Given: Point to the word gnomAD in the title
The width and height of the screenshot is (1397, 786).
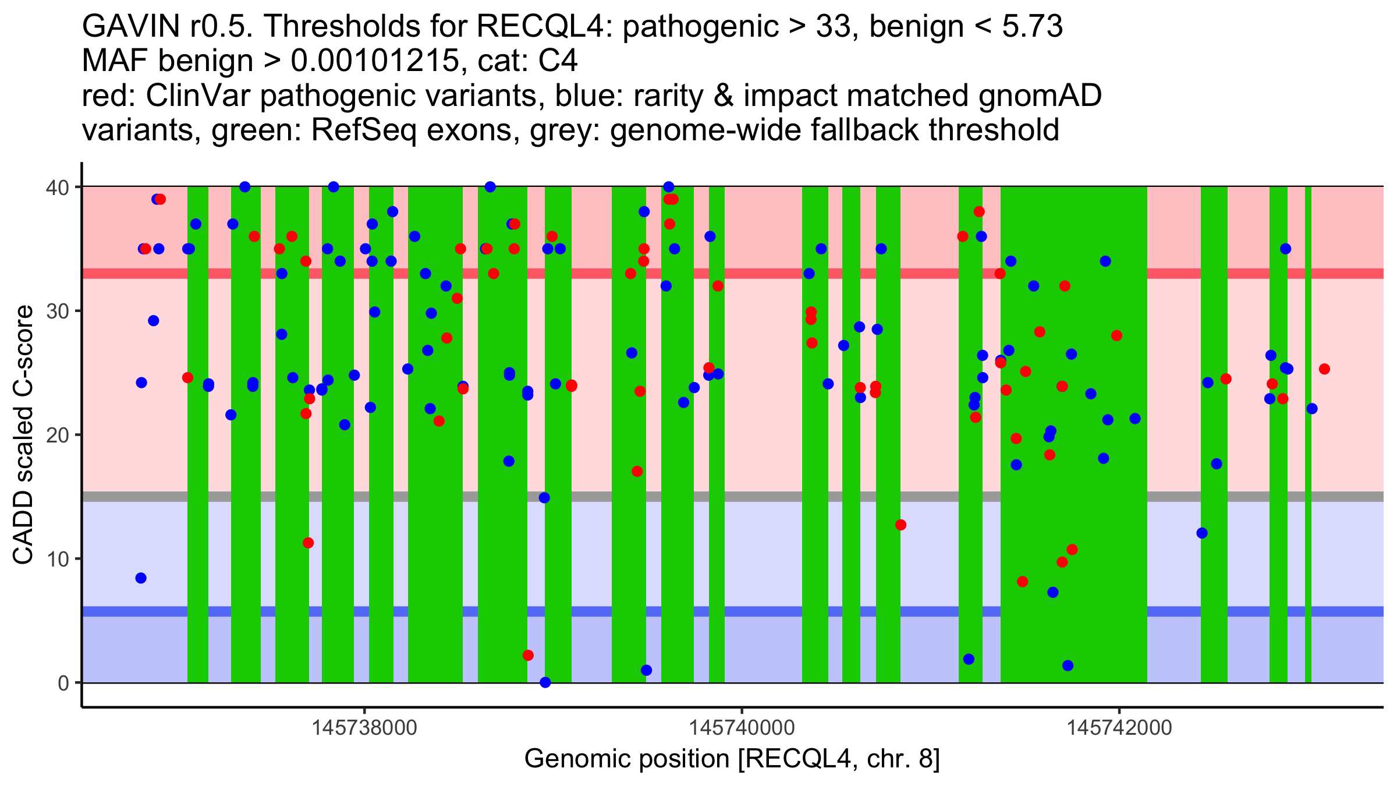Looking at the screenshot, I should (x=1040, y=96).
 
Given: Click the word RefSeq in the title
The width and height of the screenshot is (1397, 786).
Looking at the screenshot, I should (x=364, y=130).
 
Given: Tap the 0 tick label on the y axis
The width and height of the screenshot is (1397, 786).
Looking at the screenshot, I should (x=63, y=683).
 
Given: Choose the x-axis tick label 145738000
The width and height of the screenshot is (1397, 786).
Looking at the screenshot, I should (x=364, y=728).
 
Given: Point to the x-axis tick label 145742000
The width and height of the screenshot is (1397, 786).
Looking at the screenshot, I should (x=1119, y=728).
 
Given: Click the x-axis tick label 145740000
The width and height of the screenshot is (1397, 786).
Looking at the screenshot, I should (x=742, y=728).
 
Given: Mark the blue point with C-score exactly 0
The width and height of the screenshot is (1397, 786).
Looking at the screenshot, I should (x=545, y=682).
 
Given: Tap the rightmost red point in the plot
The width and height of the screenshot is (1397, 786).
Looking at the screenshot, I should (x=1324, y=369).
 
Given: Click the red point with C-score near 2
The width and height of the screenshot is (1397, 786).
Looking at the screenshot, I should (x=528, y=656).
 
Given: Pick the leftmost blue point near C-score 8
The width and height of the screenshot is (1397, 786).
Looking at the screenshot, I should (x=141, y=578).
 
